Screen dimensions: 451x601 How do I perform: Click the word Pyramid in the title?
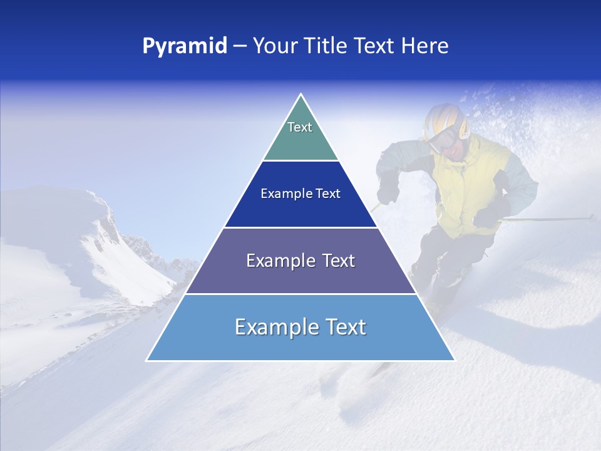(x=185, y=46)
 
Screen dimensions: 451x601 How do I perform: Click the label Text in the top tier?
(x=300, y=127)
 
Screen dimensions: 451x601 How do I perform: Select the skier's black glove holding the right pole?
(x=487, y=217)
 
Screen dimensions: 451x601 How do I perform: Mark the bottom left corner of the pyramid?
(x=147, y=360)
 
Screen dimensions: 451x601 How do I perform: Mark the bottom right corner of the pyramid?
(x=454, y=360)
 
